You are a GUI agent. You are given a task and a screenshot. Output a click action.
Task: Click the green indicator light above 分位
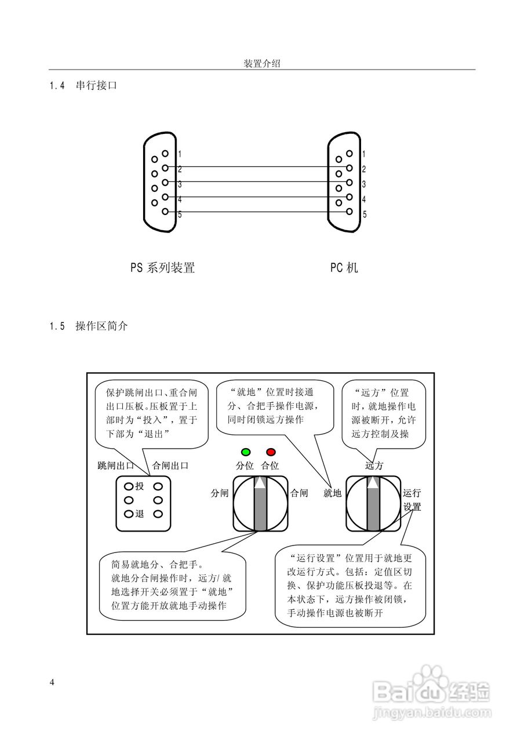point(246,452)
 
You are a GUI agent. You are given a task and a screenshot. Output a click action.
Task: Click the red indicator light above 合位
point(270,452)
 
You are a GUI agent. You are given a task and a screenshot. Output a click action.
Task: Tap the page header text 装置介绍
point(262,64)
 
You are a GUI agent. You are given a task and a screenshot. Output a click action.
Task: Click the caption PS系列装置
point(162,268)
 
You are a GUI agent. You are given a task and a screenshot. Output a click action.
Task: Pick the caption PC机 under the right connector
point(344,268)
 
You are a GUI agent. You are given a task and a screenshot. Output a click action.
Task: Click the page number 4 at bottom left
point(52,682)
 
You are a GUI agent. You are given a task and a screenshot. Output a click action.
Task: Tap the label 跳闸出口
point(116,465)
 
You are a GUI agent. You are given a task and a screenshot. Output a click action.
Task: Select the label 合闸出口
point(170,465)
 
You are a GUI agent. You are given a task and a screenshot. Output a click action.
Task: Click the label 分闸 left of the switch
point(220,493)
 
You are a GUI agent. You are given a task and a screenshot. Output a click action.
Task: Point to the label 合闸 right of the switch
point(299,493)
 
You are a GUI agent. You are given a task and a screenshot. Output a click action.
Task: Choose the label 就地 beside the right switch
point(332,493)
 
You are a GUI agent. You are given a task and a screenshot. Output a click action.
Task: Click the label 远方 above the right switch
point(374,465)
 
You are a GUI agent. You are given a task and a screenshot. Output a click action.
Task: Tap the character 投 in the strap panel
point(139,486)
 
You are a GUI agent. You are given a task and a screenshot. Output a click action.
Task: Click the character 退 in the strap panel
point(139,514)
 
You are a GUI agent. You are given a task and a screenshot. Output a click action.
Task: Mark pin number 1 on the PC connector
point(363,154)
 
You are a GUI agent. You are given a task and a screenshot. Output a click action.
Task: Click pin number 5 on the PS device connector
point(180,214)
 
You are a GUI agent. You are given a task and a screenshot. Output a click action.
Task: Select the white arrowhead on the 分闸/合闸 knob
point(261,482)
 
